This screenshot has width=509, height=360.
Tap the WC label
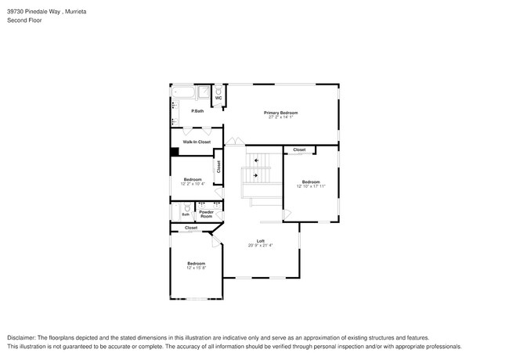[x=218, y=98]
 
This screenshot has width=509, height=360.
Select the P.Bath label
[x=197, y=111]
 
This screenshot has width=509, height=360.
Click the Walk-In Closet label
[x=197, y=142]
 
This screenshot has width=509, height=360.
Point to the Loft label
[x=261, y=240]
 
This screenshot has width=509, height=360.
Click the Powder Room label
[x=206, y=214]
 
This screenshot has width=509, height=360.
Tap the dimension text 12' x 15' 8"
[x=196, y=268]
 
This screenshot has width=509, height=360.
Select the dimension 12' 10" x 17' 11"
[x=311, y=186]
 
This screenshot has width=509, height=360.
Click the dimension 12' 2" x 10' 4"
[x=193, y=184]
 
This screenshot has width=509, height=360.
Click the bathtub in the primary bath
[x=184, y=94]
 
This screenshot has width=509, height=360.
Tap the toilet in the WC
[x=218, y=90]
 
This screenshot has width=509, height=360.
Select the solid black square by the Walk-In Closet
[x=175, y=153]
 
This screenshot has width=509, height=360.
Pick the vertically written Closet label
[x=219, y=167]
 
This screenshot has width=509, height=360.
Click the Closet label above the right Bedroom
[x=299, y=149]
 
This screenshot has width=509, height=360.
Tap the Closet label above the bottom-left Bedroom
[x=191, y=228]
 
